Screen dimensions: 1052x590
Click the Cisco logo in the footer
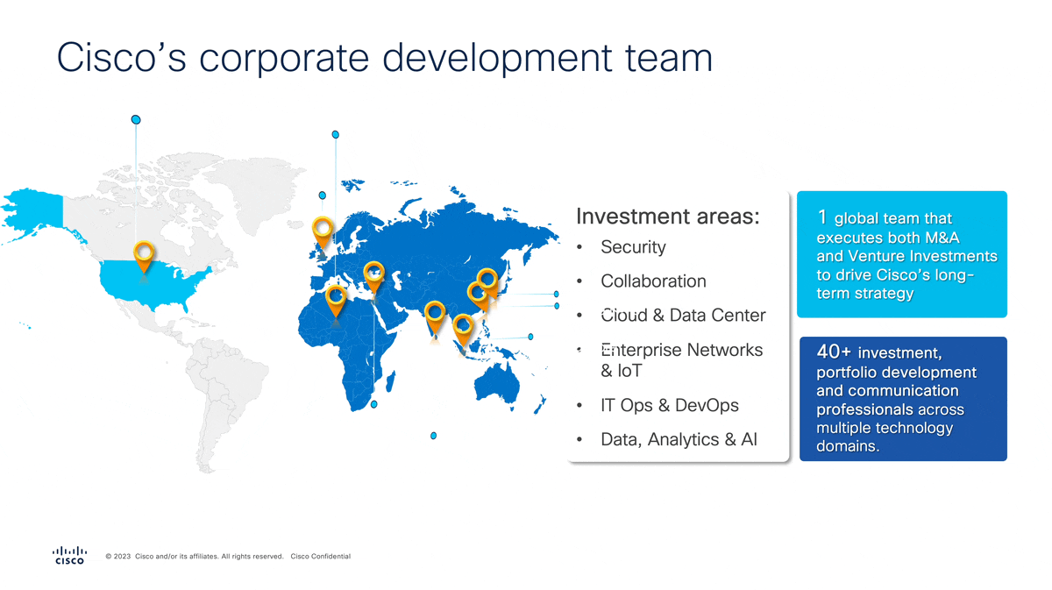[x=69, y=555]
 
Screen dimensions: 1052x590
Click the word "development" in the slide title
[x=497, y=58]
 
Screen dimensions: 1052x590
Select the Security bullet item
[x=633, y=247]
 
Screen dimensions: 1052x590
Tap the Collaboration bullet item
[x=653, y=281]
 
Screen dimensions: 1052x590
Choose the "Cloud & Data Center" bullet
[x=683, y=316]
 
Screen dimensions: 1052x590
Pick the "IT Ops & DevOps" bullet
[x=669, y=405]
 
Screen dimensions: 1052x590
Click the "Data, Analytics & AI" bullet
[x=679, y=440]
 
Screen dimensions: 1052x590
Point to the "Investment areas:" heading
[x=667, y=217]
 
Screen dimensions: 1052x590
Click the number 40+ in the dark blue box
[x=834, y=352]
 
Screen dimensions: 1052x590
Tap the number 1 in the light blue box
[x=822, y=217]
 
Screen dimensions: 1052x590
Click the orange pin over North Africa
[x=337, y=301]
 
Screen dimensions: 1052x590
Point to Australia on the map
[x=497, y=385]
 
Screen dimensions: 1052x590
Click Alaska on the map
[x=33, y=212]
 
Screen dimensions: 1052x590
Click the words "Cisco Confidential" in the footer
[x=321, y=557]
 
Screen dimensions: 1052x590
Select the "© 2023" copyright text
[x=117, y=557]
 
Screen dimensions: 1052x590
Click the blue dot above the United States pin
[x=136, y=120]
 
